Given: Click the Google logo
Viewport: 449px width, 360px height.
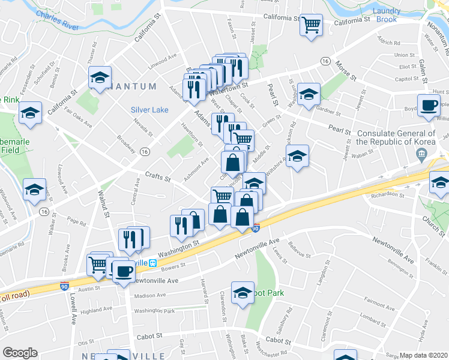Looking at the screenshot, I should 20,353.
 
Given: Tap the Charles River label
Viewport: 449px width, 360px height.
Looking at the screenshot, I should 58,19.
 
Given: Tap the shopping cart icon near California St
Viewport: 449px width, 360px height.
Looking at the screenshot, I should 311,25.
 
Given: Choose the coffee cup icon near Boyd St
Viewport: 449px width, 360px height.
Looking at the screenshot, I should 429,105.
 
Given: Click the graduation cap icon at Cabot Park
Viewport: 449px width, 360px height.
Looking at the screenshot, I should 243,293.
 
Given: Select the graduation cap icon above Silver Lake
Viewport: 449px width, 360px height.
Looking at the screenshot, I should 100,77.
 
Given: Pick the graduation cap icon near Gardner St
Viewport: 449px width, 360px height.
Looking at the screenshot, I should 309,94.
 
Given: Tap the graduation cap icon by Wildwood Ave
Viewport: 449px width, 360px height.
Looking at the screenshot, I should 35,189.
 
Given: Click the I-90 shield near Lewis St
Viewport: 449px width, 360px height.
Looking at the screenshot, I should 256,228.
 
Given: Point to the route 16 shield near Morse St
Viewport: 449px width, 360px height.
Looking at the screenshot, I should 325,61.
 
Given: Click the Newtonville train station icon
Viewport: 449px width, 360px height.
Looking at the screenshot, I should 153,263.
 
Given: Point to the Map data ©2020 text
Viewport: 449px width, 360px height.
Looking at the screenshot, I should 423,355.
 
